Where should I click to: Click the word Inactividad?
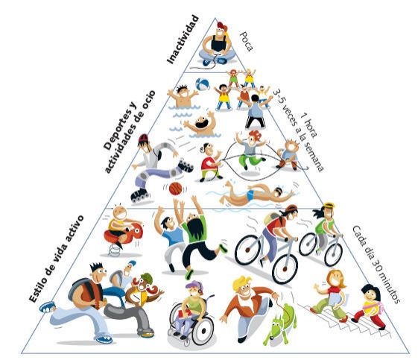pos(183,40)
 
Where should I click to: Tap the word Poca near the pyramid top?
pos(247,41)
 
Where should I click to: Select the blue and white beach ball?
pos(203,84)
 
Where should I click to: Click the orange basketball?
pos(175,189)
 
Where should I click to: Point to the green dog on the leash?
pos(280,323)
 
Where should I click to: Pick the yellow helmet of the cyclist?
pos(329,206)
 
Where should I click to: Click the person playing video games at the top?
pos(218,44)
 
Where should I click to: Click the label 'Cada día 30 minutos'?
pos(376,265)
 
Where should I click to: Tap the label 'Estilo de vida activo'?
pos(56,259)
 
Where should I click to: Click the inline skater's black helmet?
pos(143,139)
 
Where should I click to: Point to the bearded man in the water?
pos(202,124)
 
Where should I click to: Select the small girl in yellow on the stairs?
pos(370,306)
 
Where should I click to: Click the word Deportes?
pos(119,126)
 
